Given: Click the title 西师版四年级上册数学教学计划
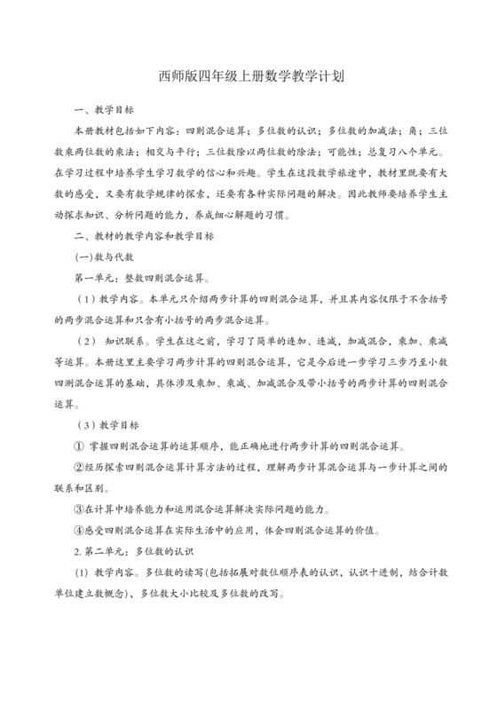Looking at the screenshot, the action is click(248, 77).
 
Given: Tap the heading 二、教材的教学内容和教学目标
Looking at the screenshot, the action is click(142, 235).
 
